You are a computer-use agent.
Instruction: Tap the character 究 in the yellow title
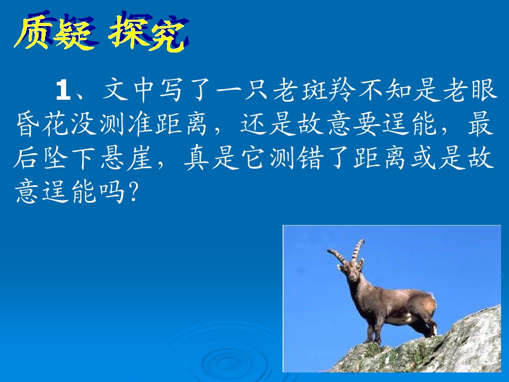[166, 34]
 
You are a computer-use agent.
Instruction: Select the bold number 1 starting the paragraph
[63, 90]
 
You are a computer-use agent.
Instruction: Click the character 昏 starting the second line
[28, 124]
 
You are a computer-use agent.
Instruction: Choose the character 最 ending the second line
[480, 124]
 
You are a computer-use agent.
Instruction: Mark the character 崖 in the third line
[139, 159]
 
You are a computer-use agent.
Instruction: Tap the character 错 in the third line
[310, 159]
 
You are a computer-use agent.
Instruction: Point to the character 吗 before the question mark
[112, 192]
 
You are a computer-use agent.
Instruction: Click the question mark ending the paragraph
[133, 192]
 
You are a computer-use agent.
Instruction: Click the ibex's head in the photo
[353, 272]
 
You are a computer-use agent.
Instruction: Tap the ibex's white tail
[433, 298]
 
